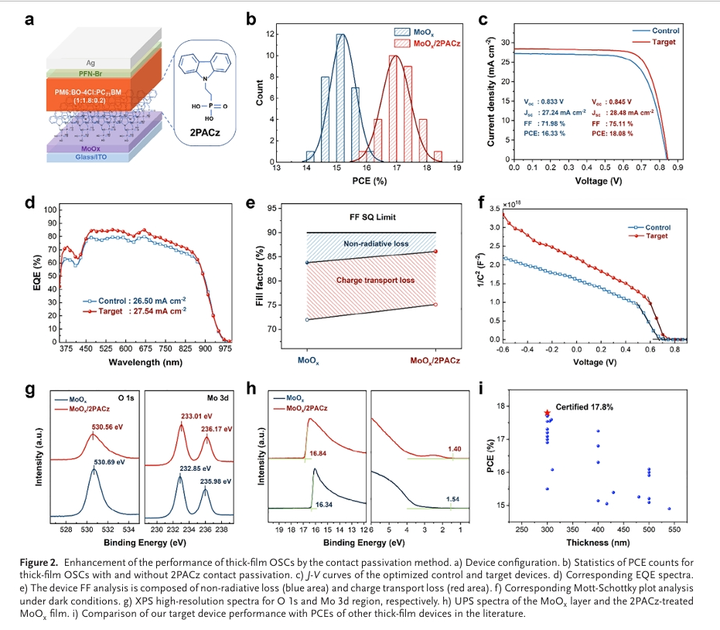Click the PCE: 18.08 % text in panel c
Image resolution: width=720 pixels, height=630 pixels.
(613, 134)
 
